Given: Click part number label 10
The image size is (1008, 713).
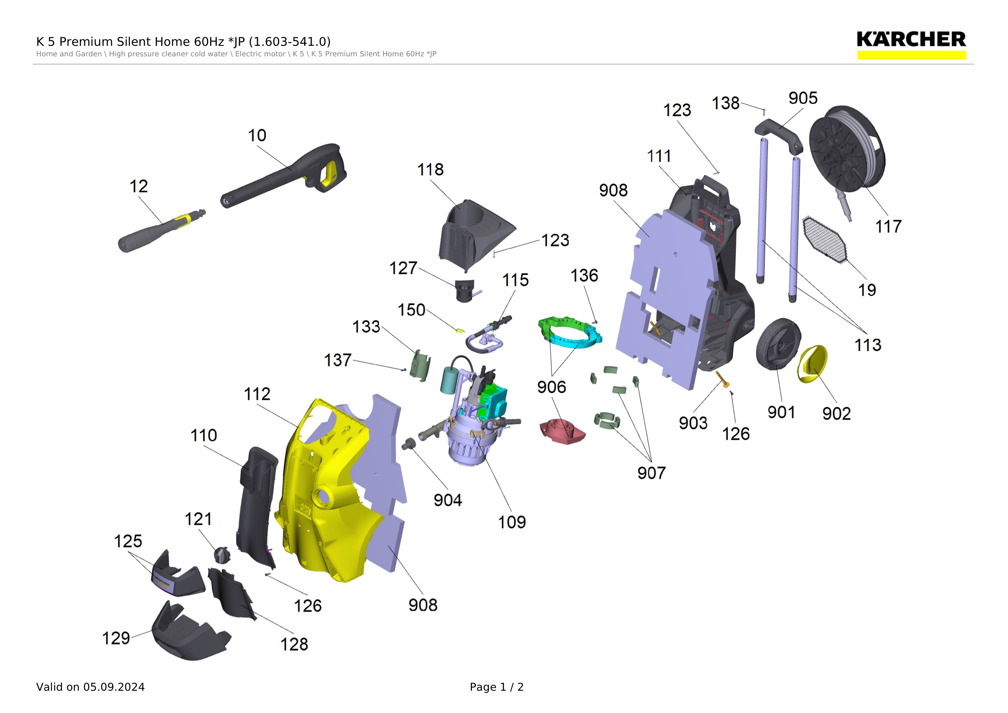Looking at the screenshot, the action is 257,135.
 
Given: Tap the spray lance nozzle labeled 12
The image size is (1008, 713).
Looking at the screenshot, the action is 161,231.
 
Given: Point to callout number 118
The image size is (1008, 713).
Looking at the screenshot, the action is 430,169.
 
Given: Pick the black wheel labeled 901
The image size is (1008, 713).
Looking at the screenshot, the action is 778,344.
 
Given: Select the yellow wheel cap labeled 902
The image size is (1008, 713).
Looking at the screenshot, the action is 812,364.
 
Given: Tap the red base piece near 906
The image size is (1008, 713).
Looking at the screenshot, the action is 562,431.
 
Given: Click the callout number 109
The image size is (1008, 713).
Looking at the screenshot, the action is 512,522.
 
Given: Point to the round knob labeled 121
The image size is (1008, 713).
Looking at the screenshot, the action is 222,555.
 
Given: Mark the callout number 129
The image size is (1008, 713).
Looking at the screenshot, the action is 116,638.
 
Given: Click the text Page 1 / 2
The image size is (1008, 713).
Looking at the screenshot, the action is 496,687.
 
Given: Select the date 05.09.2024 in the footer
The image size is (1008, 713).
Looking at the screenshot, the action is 114,687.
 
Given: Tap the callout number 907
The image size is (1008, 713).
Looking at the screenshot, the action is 651,473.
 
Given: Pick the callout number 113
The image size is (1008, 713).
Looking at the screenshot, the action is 868,345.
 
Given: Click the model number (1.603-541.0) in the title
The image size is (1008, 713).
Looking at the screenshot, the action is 290,42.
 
